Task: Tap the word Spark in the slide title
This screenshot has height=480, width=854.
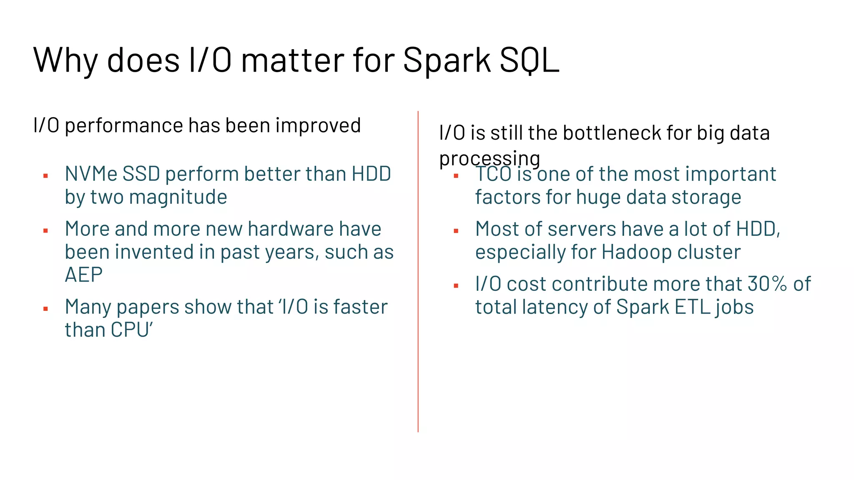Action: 447,60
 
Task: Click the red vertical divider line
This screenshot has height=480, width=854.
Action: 418,271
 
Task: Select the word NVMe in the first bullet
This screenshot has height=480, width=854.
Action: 91,174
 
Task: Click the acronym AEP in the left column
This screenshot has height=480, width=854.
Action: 83,275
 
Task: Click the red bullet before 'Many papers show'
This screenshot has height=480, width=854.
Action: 46,309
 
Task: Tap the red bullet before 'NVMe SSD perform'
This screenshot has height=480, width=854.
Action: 46,176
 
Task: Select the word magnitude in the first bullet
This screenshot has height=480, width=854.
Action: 178,197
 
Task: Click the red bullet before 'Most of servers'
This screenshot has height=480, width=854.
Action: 456,231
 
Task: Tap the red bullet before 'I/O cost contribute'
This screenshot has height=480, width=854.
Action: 456,286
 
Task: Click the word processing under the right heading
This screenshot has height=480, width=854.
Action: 489,159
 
